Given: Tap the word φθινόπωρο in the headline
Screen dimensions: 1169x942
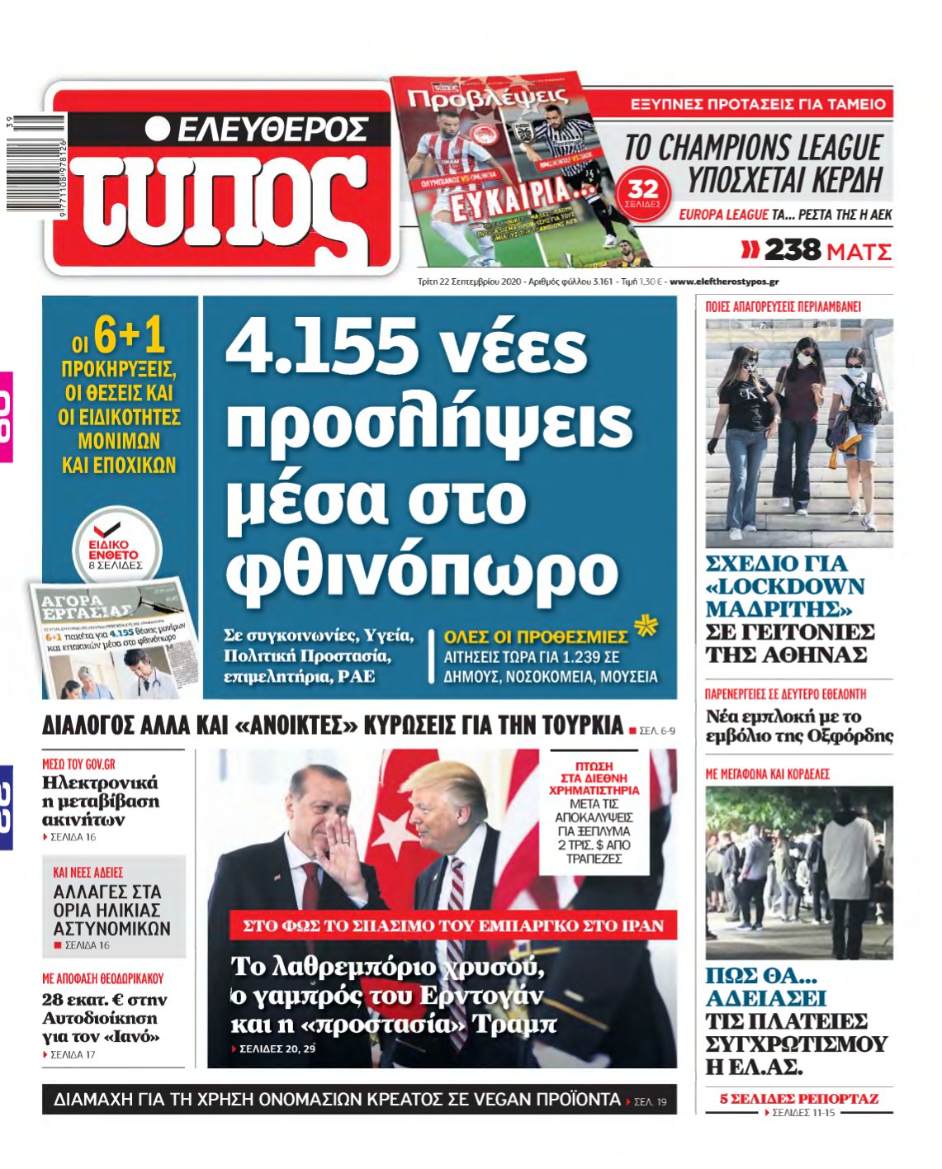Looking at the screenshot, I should click(x=422, y=569).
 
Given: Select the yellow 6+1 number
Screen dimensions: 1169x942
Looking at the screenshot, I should click(x=130, y=336).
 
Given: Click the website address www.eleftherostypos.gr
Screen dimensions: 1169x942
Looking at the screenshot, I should click(x=724, y=282).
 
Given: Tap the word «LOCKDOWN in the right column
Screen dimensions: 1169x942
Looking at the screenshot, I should click(x=785, y=587).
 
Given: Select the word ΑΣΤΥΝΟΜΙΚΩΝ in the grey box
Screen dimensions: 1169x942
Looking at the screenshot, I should click(x=111, y=928).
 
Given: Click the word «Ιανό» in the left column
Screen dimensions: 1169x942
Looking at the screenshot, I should click(x=131, y=1036).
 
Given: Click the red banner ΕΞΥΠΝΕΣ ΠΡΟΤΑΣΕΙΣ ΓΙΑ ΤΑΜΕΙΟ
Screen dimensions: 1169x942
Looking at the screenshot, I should click(x=757, y=104).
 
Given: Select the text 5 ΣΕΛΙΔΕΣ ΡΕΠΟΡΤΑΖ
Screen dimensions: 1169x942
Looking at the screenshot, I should click(x=798, y=1099).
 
